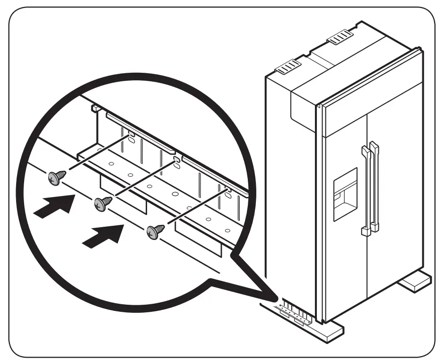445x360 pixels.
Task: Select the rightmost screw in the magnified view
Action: (153, 231)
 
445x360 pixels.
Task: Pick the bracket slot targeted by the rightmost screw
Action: (228, 191)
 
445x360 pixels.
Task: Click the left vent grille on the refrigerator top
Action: (288, 67)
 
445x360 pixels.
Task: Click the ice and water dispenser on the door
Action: (345, 194)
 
